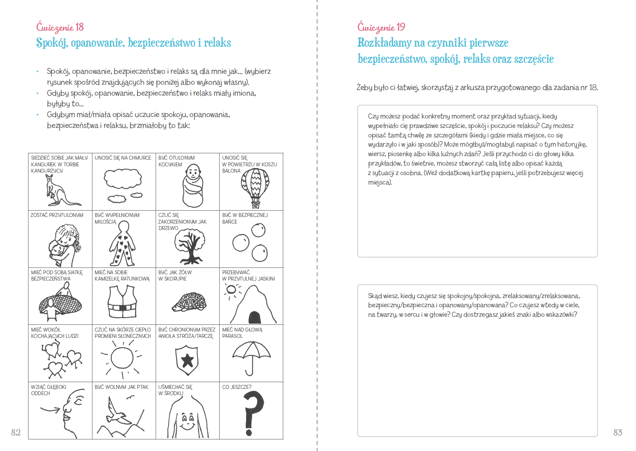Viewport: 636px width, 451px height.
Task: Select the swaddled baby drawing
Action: click(x=193, y=186)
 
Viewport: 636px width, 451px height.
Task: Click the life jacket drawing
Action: click(x=122, y=301)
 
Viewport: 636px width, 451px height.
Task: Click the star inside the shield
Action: click(x=187, y=360)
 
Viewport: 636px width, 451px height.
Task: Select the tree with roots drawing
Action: click(x=190, y=246)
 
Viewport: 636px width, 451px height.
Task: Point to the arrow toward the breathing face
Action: click(x=50, y=410)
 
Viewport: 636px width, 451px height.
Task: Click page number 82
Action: click(x=16, y=432)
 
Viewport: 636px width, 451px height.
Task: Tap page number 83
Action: click(x=618, y=432)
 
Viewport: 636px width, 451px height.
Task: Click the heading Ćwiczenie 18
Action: click(x=60, y=27)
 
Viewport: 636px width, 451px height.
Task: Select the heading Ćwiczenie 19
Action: click(x=381, y=27)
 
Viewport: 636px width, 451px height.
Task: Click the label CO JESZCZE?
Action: click(x=236, y=387)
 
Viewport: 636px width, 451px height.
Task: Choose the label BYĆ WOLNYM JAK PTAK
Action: click(x=122, y=387)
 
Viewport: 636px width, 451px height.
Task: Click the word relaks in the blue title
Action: click(x=217, y=43)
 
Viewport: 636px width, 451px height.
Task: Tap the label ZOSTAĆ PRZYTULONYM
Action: click(x=57, y=215)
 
